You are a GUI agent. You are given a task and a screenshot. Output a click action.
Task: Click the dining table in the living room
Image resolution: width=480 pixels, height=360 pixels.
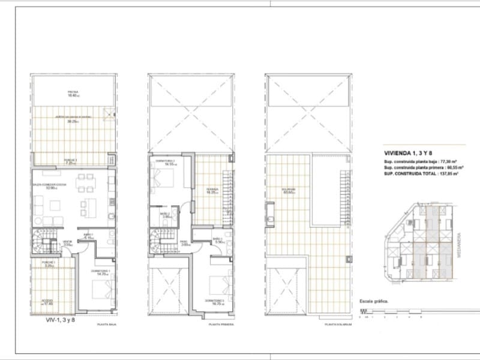(x=85, y=179)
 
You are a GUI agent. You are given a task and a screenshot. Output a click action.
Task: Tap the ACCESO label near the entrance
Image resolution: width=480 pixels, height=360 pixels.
(x=49, y=302)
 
